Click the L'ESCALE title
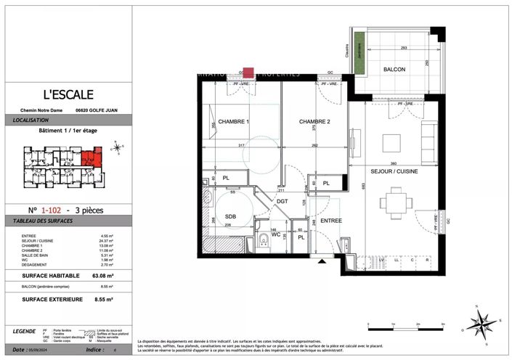(x=68, y=94)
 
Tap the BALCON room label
(x=395, y=70)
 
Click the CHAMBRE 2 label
(x=315, y=122)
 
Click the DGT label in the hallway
(x=282, y=200)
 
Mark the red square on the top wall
(x=248, y=73)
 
